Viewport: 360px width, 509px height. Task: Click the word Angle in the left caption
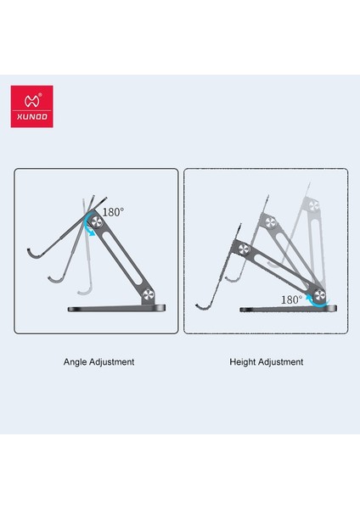pyautogui.click(x=76, y=361)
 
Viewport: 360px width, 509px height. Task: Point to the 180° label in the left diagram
pyautogui.click(x=113, y=212)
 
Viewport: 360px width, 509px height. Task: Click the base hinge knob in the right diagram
pyautogui.click(x=321, y=295)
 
